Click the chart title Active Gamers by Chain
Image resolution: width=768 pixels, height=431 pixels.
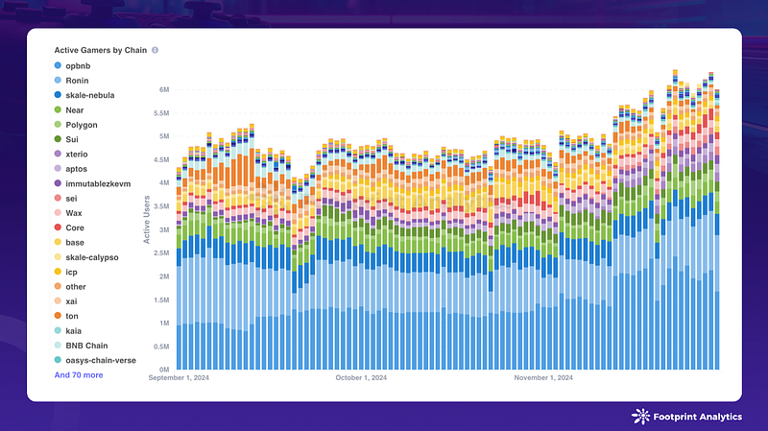tap(100, 49)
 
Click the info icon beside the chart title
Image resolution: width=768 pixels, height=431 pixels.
tap(155, 49)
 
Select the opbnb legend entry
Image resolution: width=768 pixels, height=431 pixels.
tap(78, 65)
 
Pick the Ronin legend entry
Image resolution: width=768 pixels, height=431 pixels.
tap(78, 81)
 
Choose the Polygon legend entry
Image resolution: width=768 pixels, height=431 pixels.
tap(81, 125)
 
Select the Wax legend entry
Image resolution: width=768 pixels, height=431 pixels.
tap(75, 213)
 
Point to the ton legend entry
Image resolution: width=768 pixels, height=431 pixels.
tap(72, 316)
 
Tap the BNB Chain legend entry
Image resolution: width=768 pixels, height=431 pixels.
tap(86, 345)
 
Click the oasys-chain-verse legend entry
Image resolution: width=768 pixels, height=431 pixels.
tap(100, 360)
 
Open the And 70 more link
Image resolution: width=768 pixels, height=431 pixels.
tap(79, 375)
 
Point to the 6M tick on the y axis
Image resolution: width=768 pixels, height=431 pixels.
tap(164, 89)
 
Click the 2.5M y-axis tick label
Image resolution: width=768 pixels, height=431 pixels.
tap(160, 252)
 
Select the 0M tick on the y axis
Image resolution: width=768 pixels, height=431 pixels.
tap(164, 370)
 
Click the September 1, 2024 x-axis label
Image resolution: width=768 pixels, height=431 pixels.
tap(180, 378)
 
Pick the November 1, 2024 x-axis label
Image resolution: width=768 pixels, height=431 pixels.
tap(543, 378)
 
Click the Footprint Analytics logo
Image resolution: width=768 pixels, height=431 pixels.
tap(684, 417)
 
